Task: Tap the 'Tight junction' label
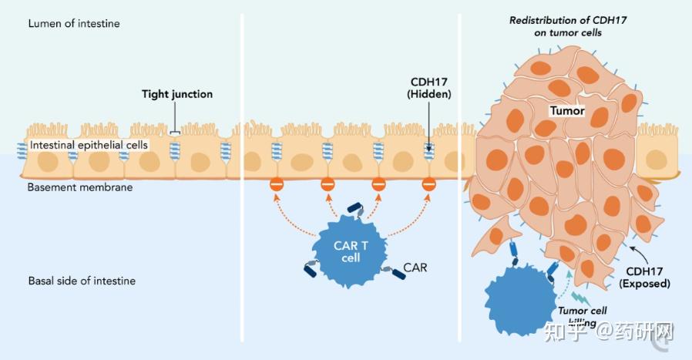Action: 176,95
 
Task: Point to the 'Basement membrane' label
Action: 80,187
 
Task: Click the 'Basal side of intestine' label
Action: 82,281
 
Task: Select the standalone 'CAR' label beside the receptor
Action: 415,268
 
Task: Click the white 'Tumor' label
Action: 566,111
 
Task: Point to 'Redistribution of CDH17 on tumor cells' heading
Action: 567,27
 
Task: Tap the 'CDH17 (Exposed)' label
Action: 644,278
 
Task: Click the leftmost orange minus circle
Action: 277,186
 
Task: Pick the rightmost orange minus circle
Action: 429,186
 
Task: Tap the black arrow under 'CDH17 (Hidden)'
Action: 428,130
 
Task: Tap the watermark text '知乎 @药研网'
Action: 609,332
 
